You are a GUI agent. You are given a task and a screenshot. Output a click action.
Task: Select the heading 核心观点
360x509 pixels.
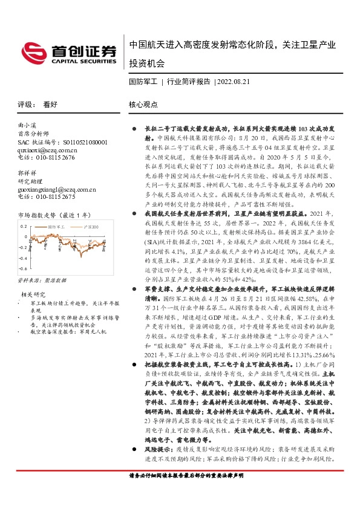click(143, 104)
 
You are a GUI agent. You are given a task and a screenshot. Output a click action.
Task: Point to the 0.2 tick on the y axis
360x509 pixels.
click(24, 226)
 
